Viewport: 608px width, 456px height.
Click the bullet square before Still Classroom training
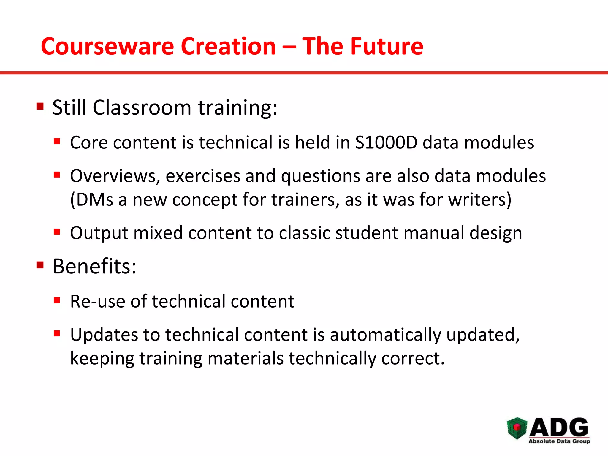(40, 106)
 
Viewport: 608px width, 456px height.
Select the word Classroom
(142, 107)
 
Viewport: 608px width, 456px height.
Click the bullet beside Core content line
(57, 141)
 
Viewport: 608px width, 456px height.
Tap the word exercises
(203, 176)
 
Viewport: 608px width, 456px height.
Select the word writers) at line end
(480, 199)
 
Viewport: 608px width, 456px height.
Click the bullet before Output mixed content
(57, 232)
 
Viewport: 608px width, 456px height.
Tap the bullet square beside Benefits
(40, 265)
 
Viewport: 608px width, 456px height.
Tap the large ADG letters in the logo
(559, 427)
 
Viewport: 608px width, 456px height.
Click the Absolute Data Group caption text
(559, 441)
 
